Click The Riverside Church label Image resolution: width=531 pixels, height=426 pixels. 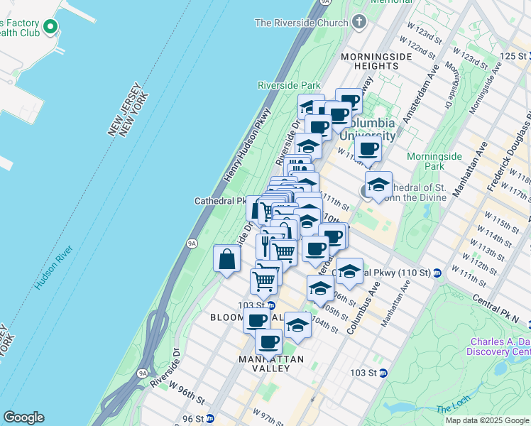[301, 23]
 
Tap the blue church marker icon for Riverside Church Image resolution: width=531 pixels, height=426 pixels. [358, 21]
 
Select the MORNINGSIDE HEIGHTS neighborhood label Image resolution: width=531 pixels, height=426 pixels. [369, 61]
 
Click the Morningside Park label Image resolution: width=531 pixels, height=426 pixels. [444, 160]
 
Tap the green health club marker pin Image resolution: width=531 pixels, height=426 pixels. [50, 28]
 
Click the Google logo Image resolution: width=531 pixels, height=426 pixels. [23, 417]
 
